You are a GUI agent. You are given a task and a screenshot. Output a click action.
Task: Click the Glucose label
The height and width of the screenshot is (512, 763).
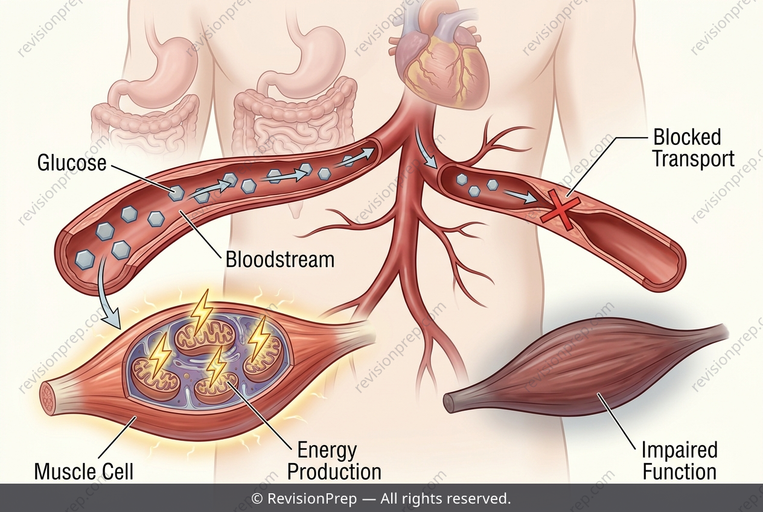click(x=72, y=162)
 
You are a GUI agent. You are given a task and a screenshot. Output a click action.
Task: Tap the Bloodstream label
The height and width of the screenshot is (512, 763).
click(x=280, y=260)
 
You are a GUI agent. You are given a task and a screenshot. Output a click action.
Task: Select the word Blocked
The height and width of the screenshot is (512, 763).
click(x=687, y=137)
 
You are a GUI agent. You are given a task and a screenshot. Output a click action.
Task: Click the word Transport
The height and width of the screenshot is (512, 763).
click(x=694, y=159)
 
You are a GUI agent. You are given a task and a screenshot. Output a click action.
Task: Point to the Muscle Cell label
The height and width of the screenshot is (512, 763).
click(x=84, y=472)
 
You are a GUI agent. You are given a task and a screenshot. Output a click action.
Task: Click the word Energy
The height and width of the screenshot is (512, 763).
click(x=327, y=450)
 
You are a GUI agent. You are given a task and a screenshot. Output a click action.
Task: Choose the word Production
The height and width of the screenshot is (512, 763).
click(x=334, y=472)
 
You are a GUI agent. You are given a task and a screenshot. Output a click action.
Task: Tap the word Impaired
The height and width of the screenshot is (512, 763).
click(x=680, y=450)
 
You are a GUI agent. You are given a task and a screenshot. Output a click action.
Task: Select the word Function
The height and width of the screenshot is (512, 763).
click(x=680, y=472)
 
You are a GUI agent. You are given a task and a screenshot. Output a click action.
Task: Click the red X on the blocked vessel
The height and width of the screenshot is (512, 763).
click(x=560, y=210)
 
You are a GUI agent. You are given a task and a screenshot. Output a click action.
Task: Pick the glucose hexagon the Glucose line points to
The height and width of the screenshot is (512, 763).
click(x=177, y=193)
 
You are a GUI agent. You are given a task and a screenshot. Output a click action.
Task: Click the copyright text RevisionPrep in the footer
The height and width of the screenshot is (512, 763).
click(x=312, y=499)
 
